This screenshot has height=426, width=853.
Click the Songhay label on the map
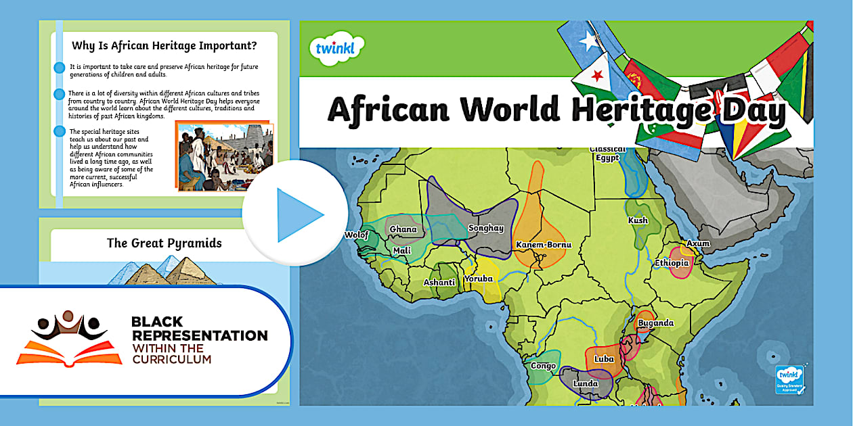pos(486,229)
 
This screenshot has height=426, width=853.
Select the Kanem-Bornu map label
pos(544,245)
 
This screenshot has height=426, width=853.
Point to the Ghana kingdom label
pos(403,229)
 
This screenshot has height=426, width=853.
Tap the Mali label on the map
pos(402,251)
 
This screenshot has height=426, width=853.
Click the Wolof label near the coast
pos(357,235)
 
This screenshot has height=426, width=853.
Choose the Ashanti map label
pos(439,283)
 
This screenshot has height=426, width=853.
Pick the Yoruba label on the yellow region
pos(479,279)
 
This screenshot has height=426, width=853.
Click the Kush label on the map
pos(638,220)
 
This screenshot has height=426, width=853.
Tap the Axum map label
pos(698,243)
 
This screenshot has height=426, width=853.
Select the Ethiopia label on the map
pos(672,262)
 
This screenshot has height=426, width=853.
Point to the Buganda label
pos(655,323)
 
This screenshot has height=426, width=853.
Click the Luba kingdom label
pos(604,359)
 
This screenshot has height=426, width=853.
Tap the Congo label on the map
pos(543,366)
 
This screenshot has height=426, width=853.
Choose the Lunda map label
pos(586,384)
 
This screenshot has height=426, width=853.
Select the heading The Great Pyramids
pos(164,243)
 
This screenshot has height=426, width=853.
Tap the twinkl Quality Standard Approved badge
pos(789,379)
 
